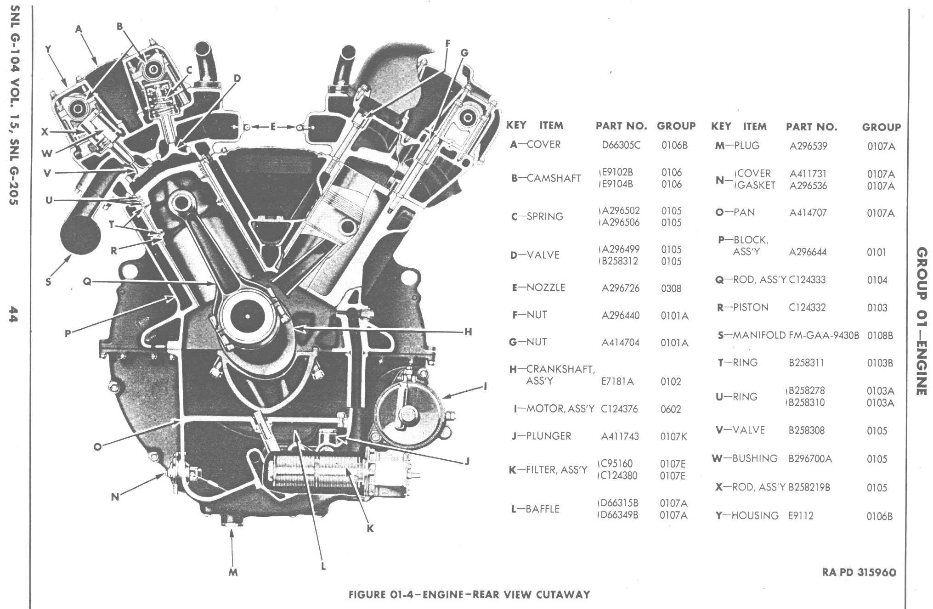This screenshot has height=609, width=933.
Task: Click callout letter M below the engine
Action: [x=233, y=572]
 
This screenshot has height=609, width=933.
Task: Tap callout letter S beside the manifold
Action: [x=48, y=282]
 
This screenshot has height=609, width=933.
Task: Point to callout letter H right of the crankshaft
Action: [x=468, y=332]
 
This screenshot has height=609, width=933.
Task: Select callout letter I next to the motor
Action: [x=486, y=386]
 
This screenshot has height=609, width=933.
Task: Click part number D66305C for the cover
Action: [x=621, y=145]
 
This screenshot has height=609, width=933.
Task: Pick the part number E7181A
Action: [x=617, y=381]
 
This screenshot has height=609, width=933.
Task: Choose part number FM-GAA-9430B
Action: [x=824, y=335]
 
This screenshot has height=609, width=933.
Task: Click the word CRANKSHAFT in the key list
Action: [x=560, y=369]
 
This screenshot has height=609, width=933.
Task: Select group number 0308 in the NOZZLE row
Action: [x=671, y=288]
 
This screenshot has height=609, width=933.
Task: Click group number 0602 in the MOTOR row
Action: [x=671, y=409]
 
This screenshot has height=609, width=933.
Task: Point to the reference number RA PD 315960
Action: [x=859, y=573]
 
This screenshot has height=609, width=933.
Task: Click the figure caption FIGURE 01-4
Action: [x=469, y=595]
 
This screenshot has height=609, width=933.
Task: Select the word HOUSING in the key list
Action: [x=755, y=516]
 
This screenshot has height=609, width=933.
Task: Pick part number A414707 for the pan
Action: [x=808, y=213]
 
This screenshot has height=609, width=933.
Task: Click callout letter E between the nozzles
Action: [x=273, y=127]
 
